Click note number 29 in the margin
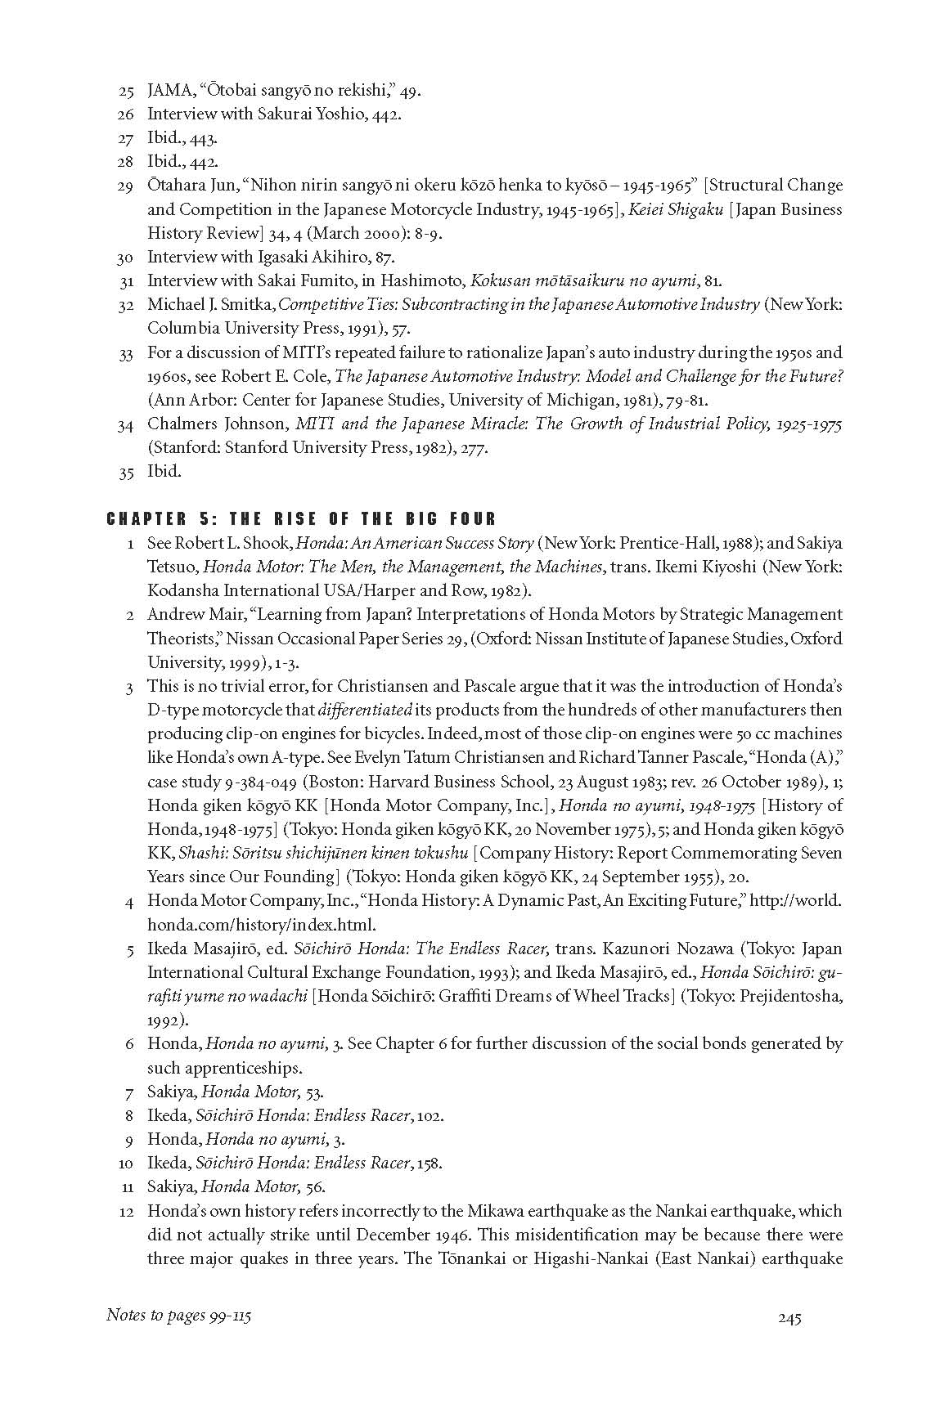click(x=125, y=186)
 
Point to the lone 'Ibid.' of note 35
click(x=164, y=472)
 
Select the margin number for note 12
click(x=125, y=1211)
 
